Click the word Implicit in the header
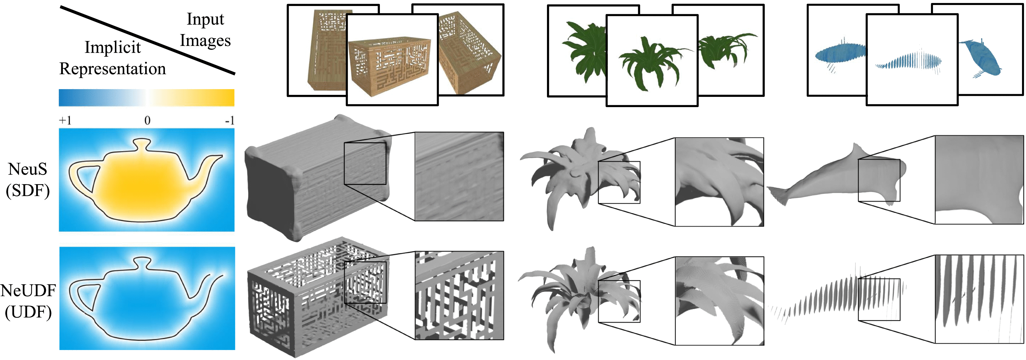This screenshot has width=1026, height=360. (112, 47)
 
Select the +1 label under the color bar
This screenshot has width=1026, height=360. (65, 120)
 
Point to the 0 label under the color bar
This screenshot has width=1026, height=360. (147, 120)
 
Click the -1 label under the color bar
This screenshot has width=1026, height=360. (230, 120)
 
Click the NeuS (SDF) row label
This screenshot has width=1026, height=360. (28, 180)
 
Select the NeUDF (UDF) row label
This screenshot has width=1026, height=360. (28, 302)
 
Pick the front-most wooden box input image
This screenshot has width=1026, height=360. (392, 60)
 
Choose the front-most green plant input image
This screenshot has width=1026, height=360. (652, 60)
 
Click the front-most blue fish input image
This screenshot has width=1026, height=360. (912, 60)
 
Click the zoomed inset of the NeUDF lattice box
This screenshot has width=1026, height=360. (459, 296)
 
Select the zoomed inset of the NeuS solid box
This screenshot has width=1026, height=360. (459, 177)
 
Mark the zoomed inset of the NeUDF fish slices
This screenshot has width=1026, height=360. (979, 299)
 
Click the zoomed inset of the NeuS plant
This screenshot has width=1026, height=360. (719, 182)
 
